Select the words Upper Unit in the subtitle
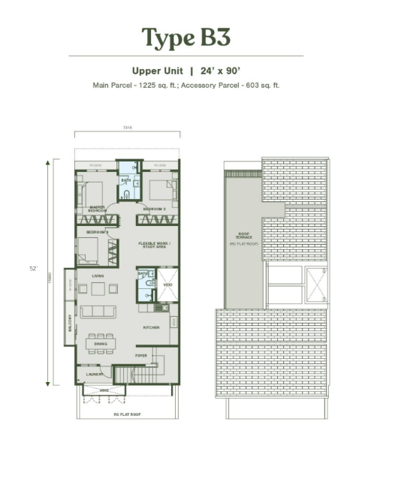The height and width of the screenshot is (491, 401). [x=157, y=71]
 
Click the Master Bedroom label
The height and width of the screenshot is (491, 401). [x=97, y=209]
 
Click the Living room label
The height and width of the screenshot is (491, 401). [x=98, y=276]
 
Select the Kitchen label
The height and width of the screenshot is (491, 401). [x=152, y=328]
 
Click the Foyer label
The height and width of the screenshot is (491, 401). [x=140, y=355]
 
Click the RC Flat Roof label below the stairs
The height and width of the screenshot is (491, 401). [x=127, y=414]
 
